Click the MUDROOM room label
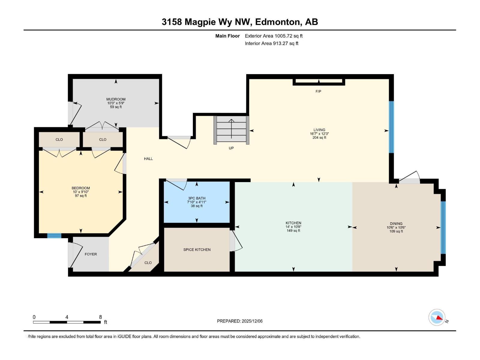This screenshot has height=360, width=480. pyautogui.click(x=116, y=99)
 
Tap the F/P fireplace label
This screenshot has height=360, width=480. pyautogui.click(x=318, y=91)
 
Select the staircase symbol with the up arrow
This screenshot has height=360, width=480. pyautogui.click(x=231, y=130)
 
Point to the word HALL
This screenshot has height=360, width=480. pyautogui.click(x=148, y=159)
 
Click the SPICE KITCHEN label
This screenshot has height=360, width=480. pyautogui.click(x=197, y=250)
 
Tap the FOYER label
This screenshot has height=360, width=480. pyautogui.click(x=91, y=254)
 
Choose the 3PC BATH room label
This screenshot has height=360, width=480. pyautogui.click(x=196, y=198)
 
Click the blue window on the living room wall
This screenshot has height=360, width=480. pyautogui.click(x=391, y=127)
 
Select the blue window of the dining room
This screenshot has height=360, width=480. pyautogui.click(x=443, y=227)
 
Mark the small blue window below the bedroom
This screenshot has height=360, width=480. pyautogui.click(x=54, y=235)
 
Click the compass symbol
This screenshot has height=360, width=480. pyautogui.click(x=437, y=317)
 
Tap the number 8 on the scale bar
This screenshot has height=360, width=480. pyautogui.click(x=100, y=317)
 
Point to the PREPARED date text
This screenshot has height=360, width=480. pyautogui.click(x=240, y=321)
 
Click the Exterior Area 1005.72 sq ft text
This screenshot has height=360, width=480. pyautogui.click(x=274, y=36)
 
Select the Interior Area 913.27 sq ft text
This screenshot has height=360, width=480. pyautogui.click(x=271, y=43)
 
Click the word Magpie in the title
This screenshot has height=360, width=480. pyautogui.click(x=200, y=22)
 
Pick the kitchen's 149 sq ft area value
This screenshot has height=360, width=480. pyautogui.click(x=293, y=231)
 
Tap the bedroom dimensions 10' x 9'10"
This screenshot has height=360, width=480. pyautogui.click(x=81, y=192)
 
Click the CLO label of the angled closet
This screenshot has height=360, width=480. pyautogui.click(x=148, y=263)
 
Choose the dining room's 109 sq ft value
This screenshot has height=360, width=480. pyautogui.click(x=396, y=231)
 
